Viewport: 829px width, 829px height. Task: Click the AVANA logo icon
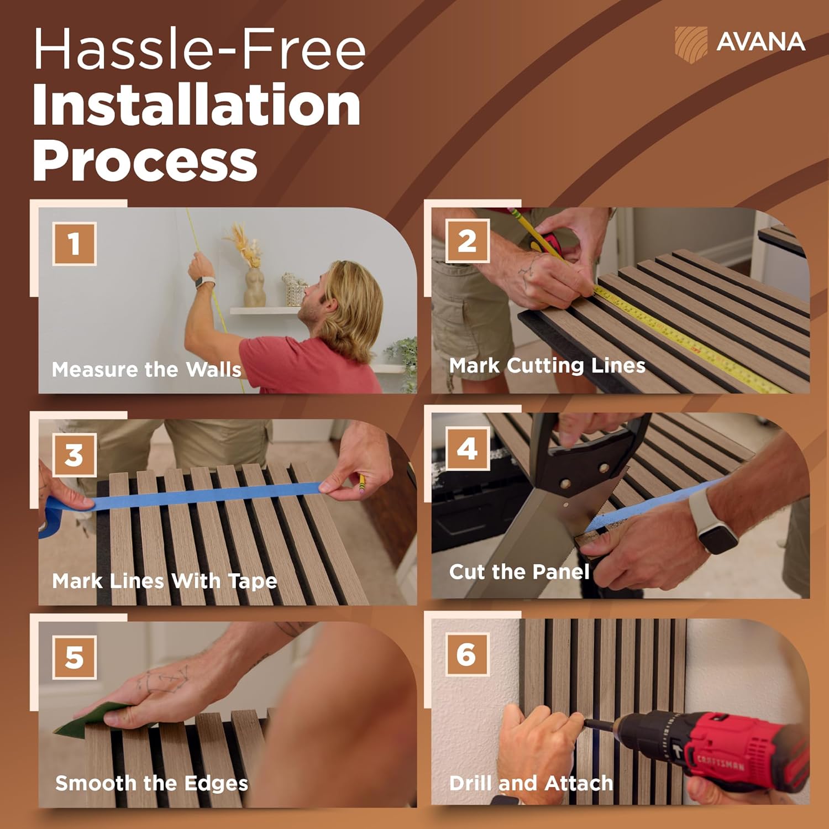click(691, 43)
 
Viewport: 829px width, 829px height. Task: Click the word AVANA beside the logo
click(760, 42)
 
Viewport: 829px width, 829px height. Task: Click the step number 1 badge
click(75, 244)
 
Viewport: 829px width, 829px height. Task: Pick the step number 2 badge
click(468, 241)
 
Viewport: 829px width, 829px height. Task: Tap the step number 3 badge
click(75, 455)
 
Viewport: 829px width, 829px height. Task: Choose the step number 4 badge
click(468, 449)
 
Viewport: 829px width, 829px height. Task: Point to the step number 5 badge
click(75, 657)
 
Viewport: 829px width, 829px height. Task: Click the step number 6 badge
click(468, 654)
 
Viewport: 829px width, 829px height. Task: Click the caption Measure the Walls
click(146, 369)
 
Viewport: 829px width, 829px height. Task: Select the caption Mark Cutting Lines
click(547, 365)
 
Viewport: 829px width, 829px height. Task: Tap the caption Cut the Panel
click(520, 571)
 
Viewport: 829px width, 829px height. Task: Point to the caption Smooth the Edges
click(152, 783)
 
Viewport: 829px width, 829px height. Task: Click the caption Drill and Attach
click(531, 783)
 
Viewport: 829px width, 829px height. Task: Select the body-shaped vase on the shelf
click(255, 287)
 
